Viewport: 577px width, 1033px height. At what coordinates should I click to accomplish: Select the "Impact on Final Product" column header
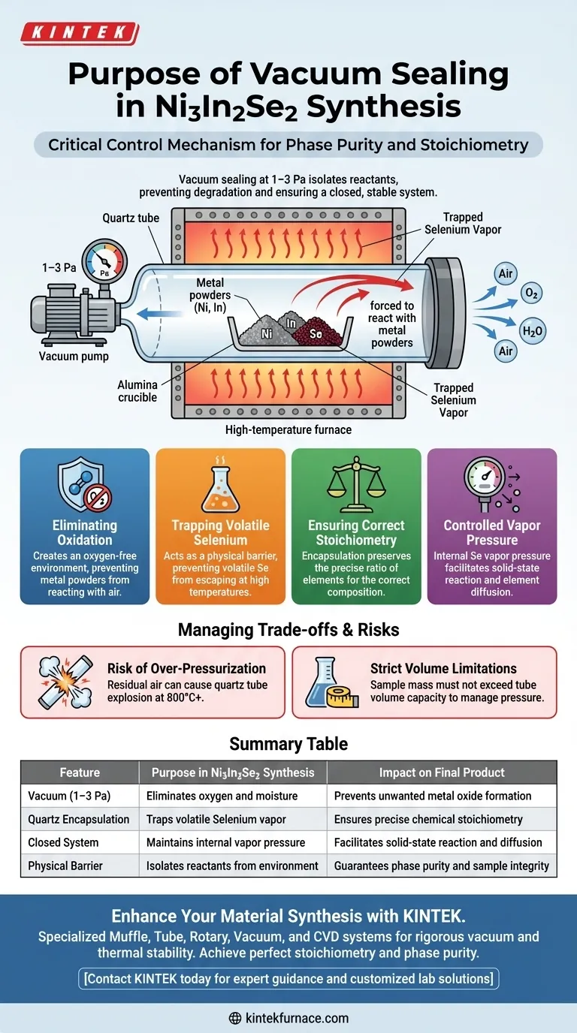click(x=442, y=772)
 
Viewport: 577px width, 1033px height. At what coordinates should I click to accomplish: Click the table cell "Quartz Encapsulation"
click(x=79, y=819)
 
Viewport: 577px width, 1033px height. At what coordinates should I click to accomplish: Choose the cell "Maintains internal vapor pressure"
click(x=233, y=842)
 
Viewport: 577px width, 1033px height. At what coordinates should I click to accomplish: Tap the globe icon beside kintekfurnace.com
click(x=234, y=1018)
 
